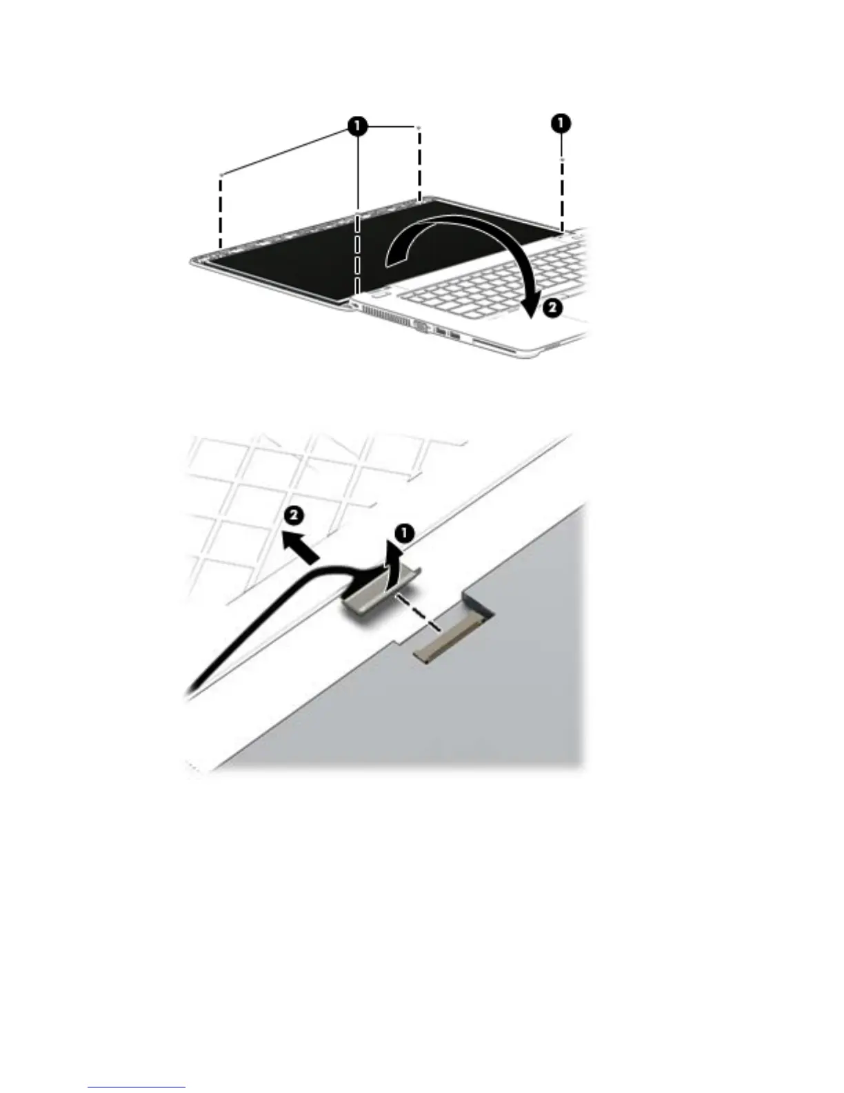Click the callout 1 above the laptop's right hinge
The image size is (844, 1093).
pos(561,124)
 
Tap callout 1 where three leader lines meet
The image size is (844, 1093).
pos(356,126)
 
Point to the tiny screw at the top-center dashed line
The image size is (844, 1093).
pos(419,128)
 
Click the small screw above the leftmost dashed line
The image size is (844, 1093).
pos(220,175)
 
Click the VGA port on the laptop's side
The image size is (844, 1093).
pos(422,328)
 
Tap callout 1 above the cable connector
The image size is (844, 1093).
pos(405,532)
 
